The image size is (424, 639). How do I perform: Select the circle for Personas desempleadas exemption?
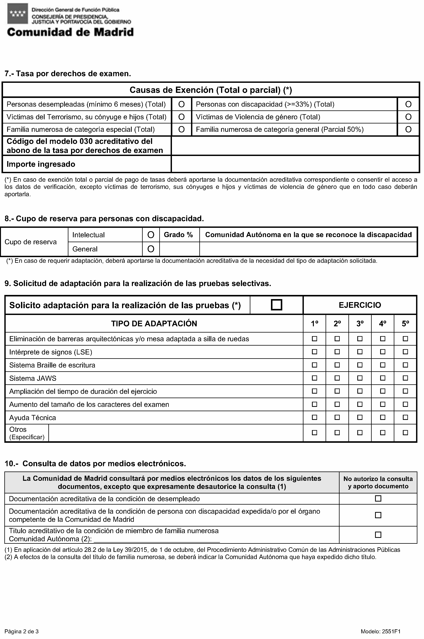(181, 104)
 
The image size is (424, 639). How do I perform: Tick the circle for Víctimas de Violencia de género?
(408, 117)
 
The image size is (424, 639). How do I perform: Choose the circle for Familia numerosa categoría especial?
(181, 130)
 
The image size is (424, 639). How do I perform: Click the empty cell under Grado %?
(180, 249)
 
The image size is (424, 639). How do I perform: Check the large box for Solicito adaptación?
(276, 305)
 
